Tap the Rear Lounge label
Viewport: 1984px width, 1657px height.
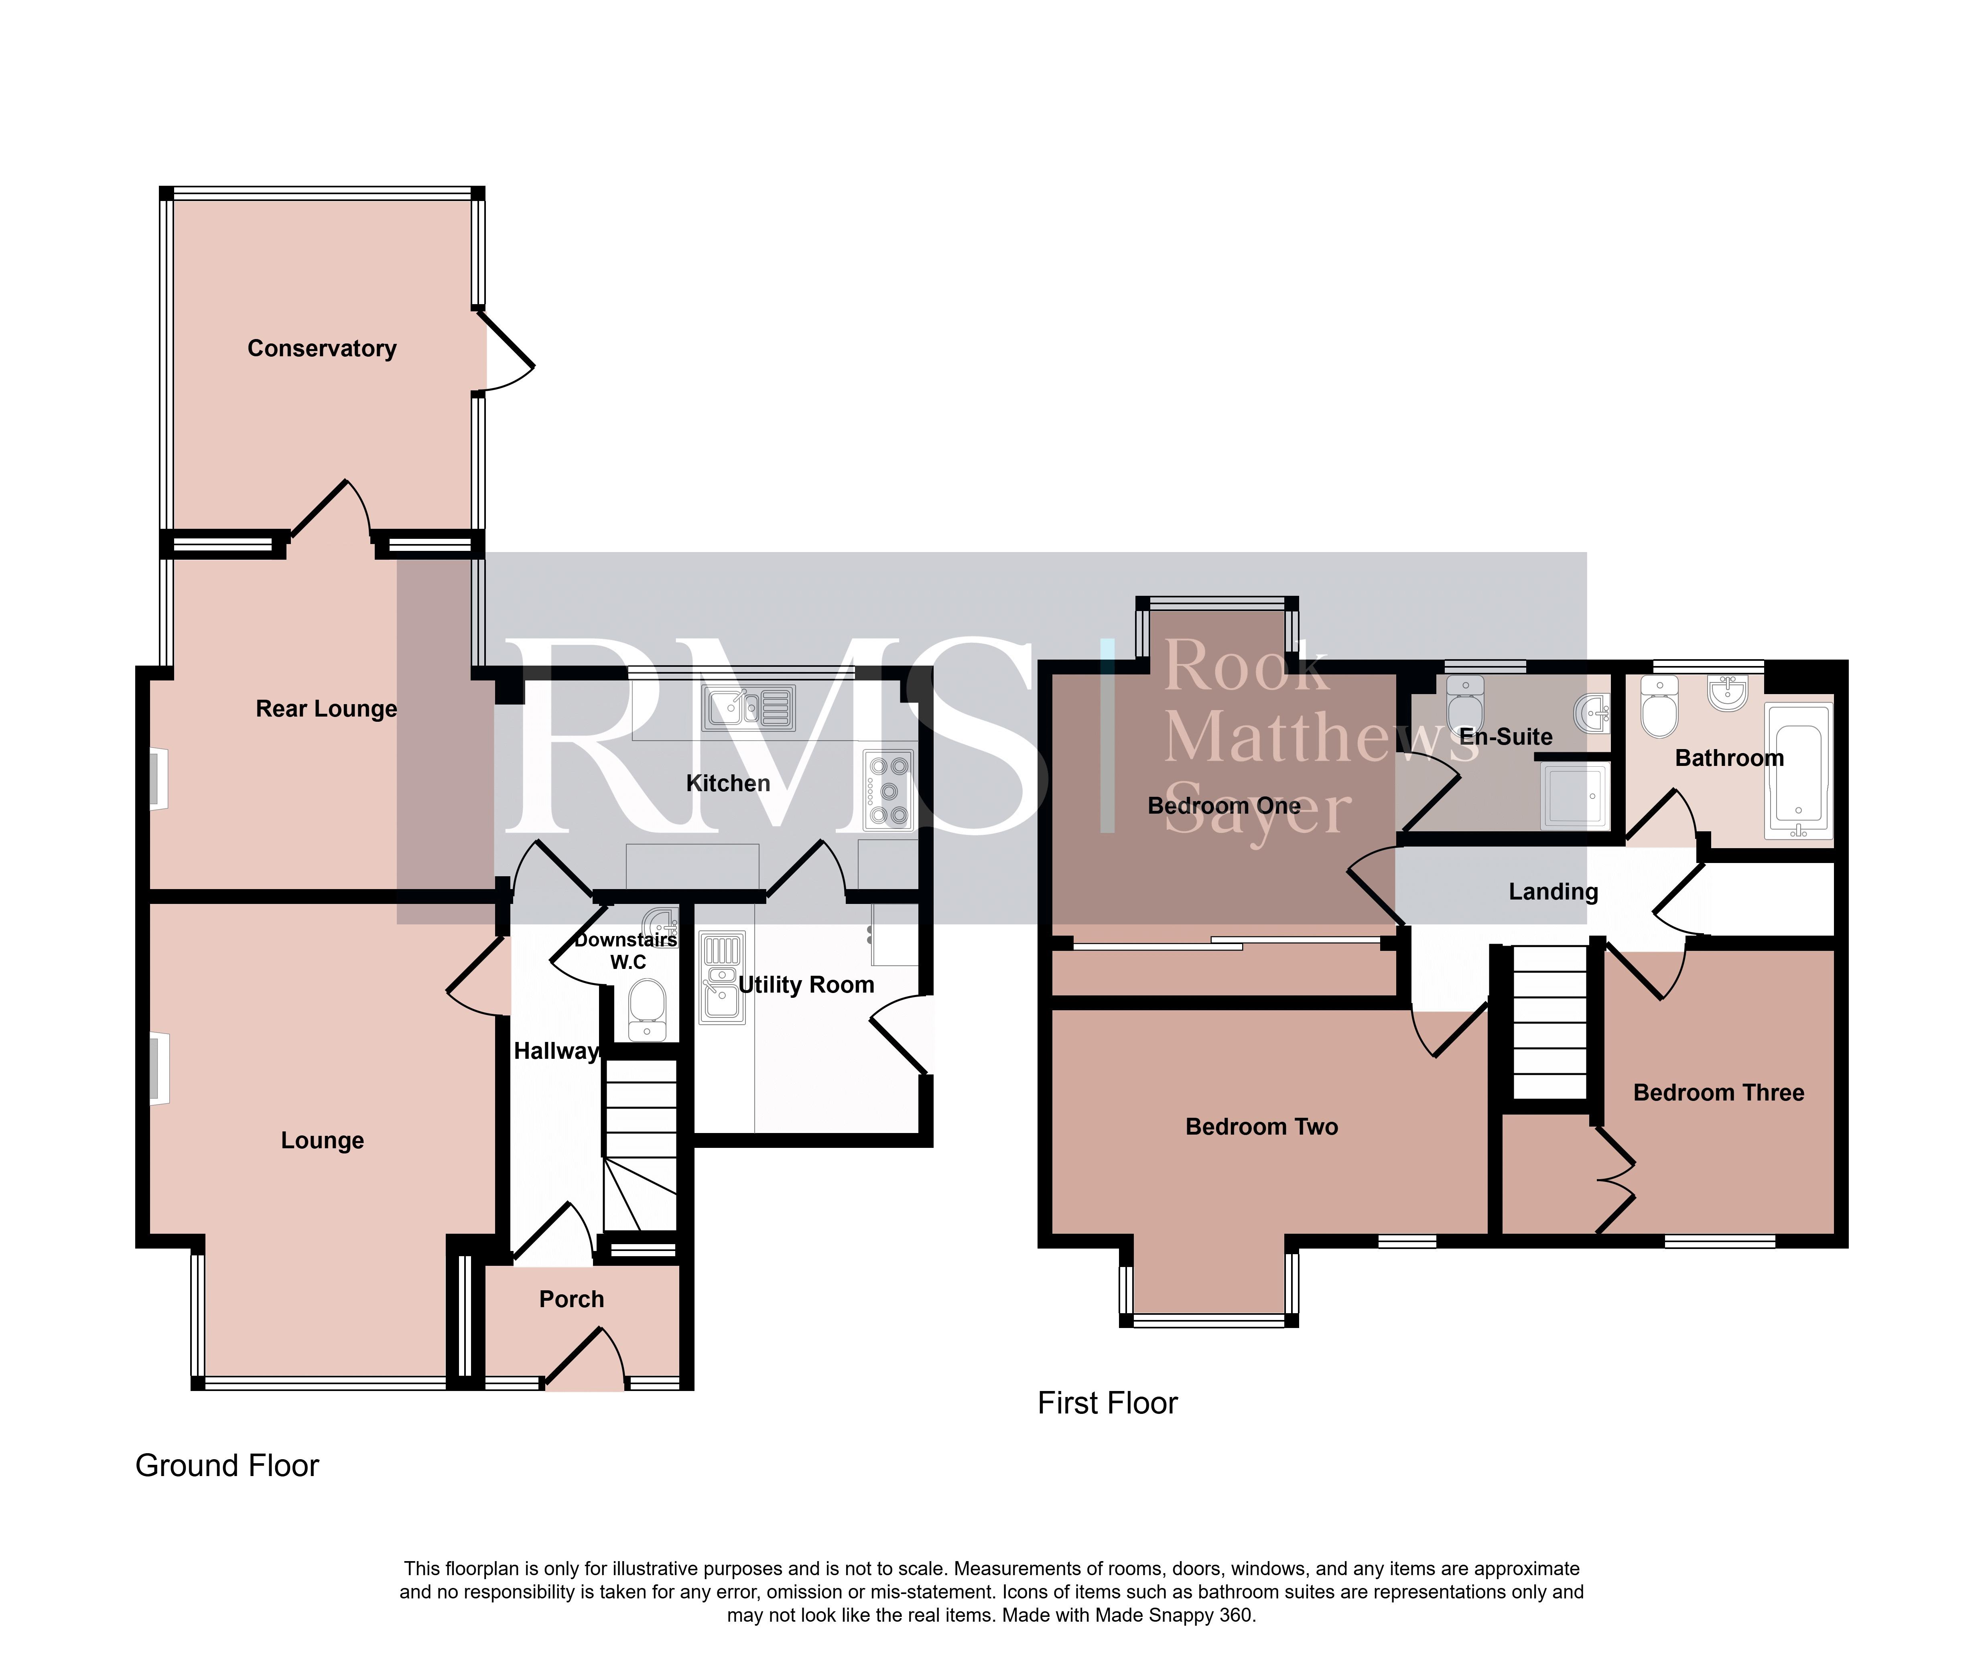(326, 709)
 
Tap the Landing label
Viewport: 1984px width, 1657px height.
(1553, 892)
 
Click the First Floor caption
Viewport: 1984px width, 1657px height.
(1107, 1403)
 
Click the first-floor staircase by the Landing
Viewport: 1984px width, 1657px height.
(1550, 1022)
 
